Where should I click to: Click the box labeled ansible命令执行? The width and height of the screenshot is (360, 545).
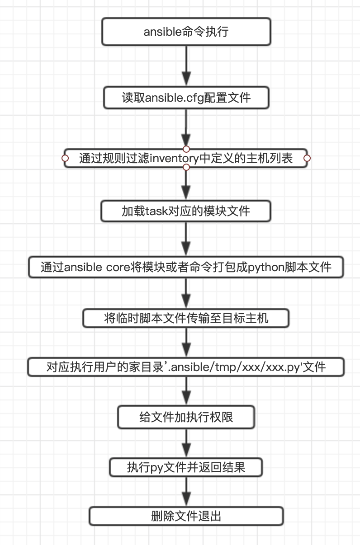(186, 32)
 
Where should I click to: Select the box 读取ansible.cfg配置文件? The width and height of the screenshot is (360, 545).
(186, 98)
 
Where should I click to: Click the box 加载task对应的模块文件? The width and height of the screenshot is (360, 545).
(186, 211)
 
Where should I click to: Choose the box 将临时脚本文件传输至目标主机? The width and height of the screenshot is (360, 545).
(186, 318)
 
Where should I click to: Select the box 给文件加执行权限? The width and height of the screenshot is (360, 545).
(186, 417)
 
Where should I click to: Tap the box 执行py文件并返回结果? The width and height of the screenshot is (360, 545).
(186, 467)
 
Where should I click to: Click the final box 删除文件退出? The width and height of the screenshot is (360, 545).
(186, 516)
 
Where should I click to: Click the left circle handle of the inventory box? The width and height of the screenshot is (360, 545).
(65, 158)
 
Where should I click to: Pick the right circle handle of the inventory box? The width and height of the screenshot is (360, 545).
(307, 158)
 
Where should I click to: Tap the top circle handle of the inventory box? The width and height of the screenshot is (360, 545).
(186, 149)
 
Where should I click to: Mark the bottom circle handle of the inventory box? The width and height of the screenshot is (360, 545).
(186, 168)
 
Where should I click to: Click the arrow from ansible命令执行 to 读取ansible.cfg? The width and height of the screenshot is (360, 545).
(186, 66)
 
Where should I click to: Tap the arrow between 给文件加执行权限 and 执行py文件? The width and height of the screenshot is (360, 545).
(186, 443)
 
